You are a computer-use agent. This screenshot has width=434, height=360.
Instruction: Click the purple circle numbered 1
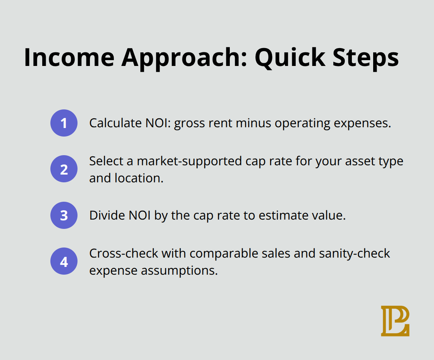pos(64,123)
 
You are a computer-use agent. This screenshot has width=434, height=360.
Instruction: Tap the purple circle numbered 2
pos(64,169)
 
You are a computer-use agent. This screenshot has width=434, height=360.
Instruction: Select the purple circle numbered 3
pos(64,215)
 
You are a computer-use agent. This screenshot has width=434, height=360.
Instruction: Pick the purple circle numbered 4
pos(64,261)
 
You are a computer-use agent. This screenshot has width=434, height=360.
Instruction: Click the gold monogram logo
pos(395,321)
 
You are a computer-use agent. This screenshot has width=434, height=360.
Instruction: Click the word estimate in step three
pos(290,215)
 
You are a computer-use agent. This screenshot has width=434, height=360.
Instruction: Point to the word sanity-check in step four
pos(355,253)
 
